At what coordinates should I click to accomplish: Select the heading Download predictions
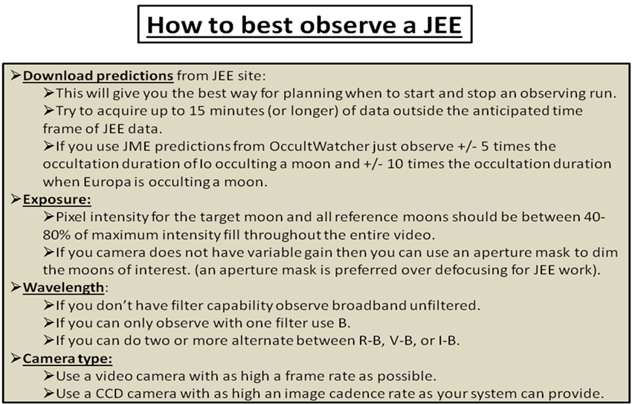[98, 75]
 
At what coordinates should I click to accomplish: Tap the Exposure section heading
[57, 199]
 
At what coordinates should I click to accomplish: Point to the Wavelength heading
[63, 287]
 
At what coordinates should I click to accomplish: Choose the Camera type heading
[68, 359]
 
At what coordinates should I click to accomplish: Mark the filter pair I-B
[448, 341]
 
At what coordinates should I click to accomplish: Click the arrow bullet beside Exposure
[16, 199]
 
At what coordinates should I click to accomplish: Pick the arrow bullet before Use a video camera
[48, 376]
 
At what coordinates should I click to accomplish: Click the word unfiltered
[445, 305]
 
